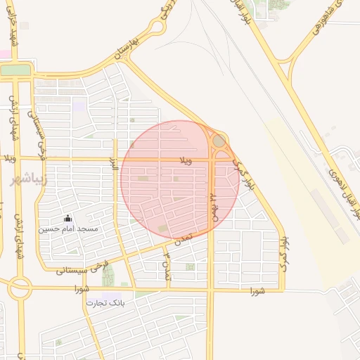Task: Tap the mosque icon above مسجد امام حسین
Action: [67, 219]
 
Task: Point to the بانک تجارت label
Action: [105, 303]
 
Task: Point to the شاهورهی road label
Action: [328, 13]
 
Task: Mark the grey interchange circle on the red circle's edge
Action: [219, 142]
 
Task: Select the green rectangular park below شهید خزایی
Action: [15, 70]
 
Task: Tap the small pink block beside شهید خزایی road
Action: [5, 54]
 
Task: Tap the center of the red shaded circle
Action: [179, 179]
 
